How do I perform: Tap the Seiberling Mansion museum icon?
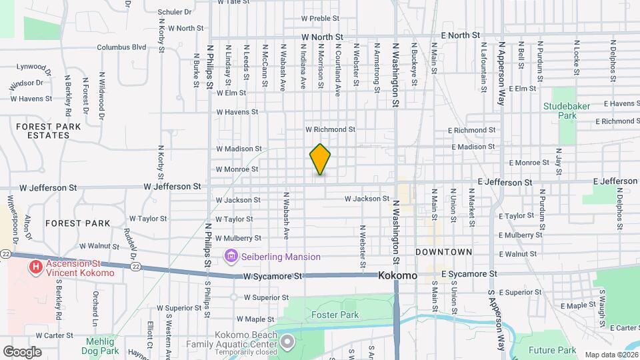coord(231,256)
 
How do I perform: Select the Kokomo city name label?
coord(397,275)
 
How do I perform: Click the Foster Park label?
coord(335,315)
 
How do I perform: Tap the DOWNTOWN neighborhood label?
coord(443,252)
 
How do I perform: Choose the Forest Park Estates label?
coord(43,131)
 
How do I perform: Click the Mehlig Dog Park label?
coord(100,345)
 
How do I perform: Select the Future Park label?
coord(552,350)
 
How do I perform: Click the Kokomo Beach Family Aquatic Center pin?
coord(287,343)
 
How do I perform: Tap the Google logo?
coord(22,351)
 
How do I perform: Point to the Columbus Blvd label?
coord(121,47)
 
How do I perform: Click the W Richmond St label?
coord(330,129)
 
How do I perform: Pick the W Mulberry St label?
coord(239,238)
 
